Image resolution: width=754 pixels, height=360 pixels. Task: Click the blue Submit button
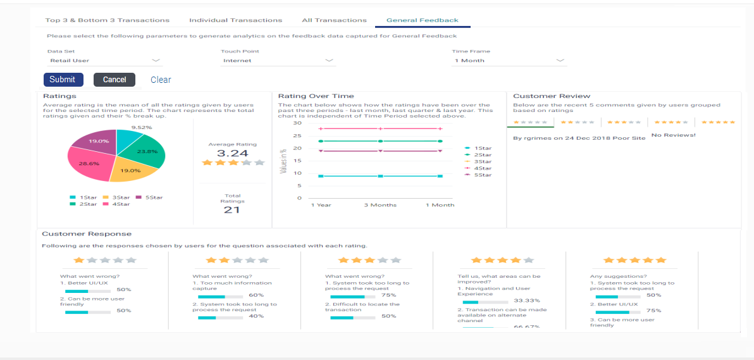63,80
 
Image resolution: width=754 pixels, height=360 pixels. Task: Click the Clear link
161,80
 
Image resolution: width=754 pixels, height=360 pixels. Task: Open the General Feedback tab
422,20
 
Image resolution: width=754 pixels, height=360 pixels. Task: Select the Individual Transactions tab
235,20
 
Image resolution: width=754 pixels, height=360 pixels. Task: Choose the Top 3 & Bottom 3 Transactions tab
107,20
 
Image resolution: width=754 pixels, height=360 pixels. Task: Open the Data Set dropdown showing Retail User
105,61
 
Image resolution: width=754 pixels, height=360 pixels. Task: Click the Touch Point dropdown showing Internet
278,61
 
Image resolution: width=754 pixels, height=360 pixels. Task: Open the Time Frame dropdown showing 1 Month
509,61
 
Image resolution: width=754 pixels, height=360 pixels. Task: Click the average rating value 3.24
232,153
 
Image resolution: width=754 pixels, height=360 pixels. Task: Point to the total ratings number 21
232,209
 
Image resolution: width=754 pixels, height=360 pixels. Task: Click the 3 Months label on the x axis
380,205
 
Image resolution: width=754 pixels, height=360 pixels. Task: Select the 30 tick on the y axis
298,123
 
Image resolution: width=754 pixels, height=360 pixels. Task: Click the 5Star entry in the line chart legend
483,175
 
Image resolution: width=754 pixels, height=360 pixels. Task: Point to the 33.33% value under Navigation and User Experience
526,301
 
